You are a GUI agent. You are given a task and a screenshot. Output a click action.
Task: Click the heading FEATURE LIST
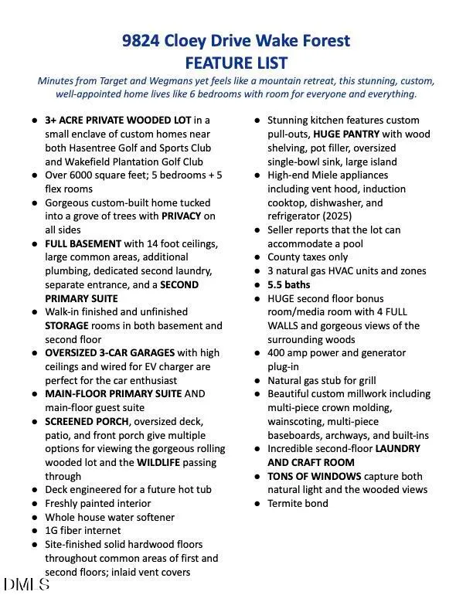pyautogui.click(x=236, y=63)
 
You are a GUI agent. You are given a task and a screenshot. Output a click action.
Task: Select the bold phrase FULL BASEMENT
pyautogui.click(x=83, y=243)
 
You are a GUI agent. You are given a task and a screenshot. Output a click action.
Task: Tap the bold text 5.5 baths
pyautogui.click(x=290, y=284)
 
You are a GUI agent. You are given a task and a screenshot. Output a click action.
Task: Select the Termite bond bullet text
pyautogui.click(x=298, y=503)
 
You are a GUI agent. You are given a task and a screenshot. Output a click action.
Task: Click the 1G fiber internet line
pyautogui.click(x=83, y=530)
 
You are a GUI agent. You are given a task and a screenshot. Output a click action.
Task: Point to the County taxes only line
pyautogui.click(x=308, y=257)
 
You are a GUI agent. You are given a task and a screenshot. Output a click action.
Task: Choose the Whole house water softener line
pyautogui.click(x=110, y=517)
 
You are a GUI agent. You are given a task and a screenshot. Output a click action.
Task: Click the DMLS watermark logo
pyautogui.click(x=26, y=585)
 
